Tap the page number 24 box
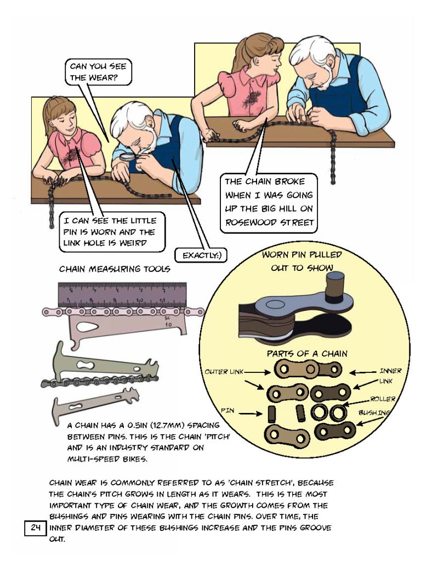point(35,528)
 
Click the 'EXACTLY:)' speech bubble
point(201,256)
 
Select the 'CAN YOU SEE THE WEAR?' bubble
point(98,72)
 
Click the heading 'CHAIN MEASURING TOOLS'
point(115,269)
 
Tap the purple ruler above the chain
point(122,294)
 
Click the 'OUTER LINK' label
point(224,372)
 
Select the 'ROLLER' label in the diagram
point(383,399)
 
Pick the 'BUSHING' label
point(374,412)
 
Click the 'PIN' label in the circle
point(227,410)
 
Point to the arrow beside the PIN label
point(251,414)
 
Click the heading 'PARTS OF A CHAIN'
point(307,354)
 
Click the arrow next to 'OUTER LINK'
point(257,372)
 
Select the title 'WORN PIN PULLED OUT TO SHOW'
point(302,261)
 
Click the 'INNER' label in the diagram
point(391,371)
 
